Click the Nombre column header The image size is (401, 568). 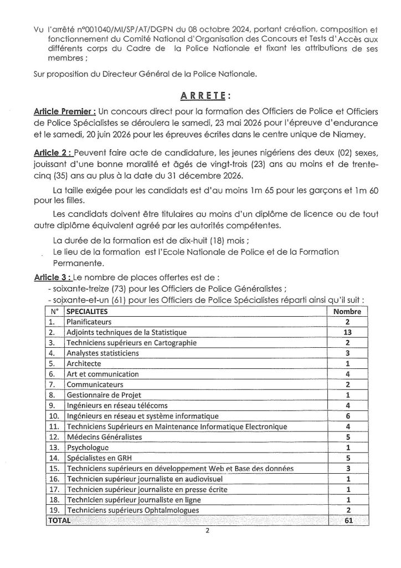pyautogui.click(x=347, y=312)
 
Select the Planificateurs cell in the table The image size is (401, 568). pyautogui.click(x=89, y=322)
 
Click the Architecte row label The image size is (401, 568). pyautogui.click(x=84, y=363)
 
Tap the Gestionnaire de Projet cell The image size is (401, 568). pyautogui.click(x=100, y=395)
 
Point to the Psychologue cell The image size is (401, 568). pyautogui.click(x=85, y=448)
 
